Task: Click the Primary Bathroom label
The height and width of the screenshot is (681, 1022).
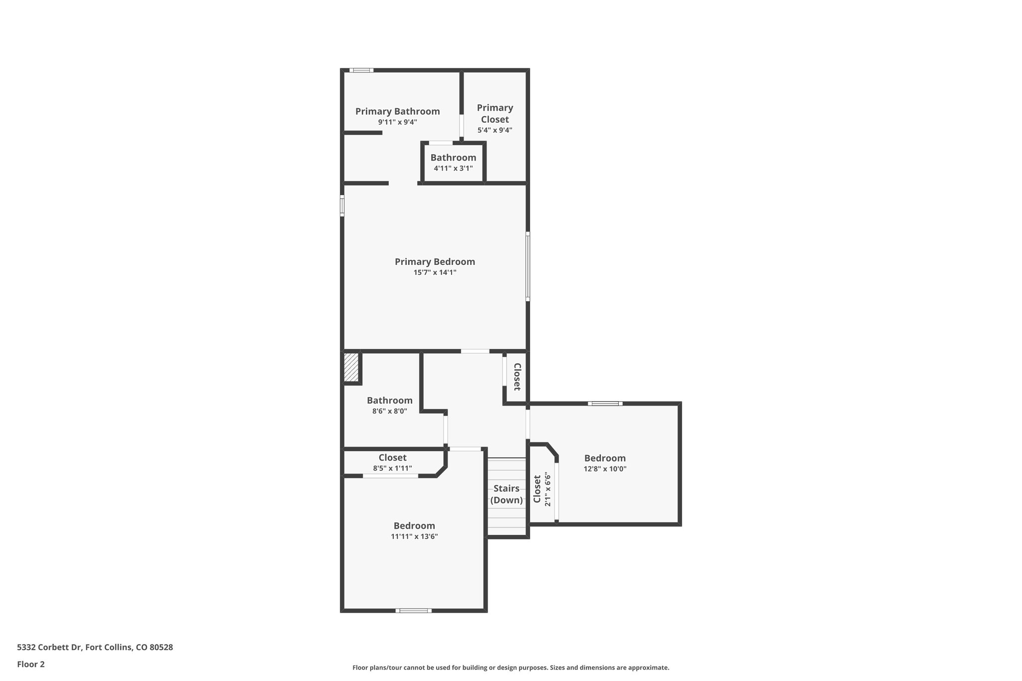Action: [x=397, y=111]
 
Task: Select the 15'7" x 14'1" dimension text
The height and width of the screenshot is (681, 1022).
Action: [x=435, y=272]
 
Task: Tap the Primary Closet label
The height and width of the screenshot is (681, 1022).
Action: [x=495, y=114]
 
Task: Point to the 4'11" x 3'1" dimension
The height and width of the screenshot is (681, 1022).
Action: [x=453, y=169]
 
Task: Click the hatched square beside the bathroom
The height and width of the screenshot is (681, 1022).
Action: [x=351, y=368]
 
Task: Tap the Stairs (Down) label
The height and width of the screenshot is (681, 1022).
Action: [x=507, y=494]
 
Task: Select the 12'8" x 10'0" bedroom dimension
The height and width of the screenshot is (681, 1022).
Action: [x=605, y=469]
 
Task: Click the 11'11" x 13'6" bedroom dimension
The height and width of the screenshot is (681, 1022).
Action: [x=414, y=537]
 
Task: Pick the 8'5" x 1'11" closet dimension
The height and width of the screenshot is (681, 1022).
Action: [x=392, y=468]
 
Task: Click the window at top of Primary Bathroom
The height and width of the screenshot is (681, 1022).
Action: [x=361, y=70]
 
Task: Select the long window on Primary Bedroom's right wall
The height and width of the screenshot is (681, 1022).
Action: [x=527, y=266]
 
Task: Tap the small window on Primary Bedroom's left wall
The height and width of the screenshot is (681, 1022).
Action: [x=342, y=206]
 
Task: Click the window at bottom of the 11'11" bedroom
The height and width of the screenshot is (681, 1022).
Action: [x=414, y=610]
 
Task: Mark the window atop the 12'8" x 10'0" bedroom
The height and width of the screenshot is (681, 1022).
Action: [x=605, y=403]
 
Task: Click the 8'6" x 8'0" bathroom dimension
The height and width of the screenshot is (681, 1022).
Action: [x=389, y=412]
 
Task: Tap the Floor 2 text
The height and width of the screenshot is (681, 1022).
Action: [x=31, y=664]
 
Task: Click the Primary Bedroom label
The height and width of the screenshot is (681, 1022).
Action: [x=435, y=262]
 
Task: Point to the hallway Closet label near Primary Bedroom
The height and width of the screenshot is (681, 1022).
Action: [x=517, y=377]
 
